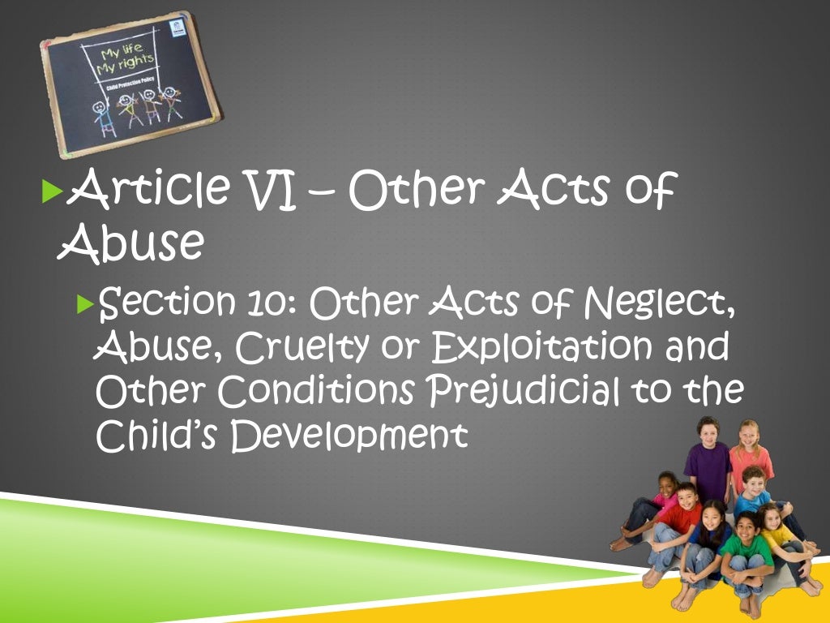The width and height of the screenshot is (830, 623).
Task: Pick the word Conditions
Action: click(x=319, y=391)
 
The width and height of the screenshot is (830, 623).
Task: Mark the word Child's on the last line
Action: click(x=158, y=435)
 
